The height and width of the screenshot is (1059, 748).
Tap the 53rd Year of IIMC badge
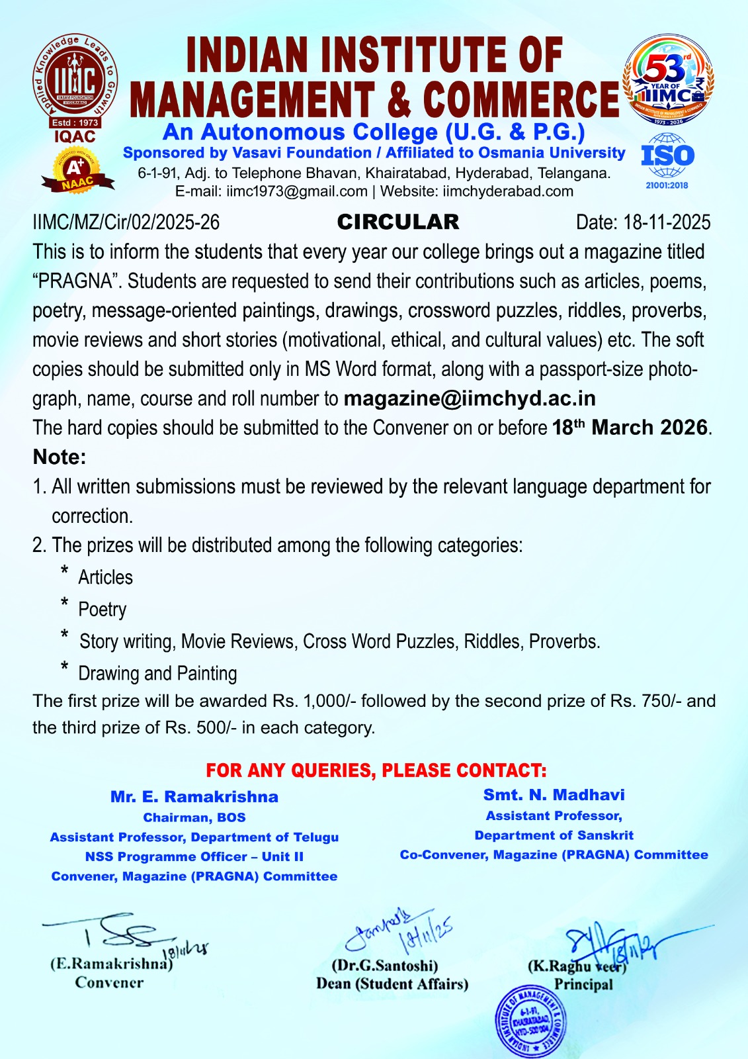click(x=669, y=81)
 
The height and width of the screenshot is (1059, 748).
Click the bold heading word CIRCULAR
click(x=397, y=222)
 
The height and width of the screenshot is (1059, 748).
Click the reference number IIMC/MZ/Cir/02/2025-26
click(x=126, y=222)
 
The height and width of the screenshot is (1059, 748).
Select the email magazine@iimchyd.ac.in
click(x=470, y=398)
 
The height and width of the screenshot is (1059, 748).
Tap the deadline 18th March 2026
click(x=630, y=428)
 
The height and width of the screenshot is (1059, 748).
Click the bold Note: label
click(x=60, y=457)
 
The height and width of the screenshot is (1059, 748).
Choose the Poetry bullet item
click(x=102, y=609)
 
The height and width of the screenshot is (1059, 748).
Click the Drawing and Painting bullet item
click(x=157, y=673)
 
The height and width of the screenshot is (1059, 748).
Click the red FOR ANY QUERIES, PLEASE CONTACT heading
click(x=376, y=770)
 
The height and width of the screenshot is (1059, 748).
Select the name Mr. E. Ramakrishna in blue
click(x=194, y=797)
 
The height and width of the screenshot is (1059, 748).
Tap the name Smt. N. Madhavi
click(x=554, y=795)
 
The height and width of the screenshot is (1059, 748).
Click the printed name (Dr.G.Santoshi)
click(x=384, y=966)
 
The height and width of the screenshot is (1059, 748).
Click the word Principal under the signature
click(x=583, y=984)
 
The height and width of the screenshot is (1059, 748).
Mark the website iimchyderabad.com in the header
click(x=508, y=191)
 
